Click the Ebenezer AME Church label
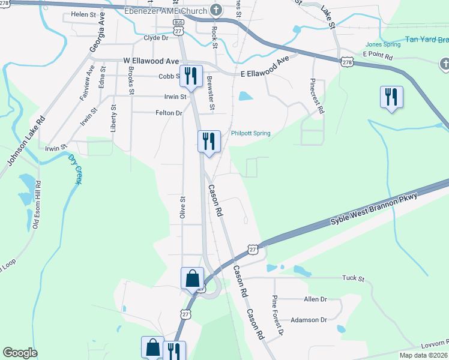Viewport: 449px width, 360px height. [165, 11]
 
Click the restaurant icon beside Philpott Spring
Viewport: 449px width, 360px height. [209, 142]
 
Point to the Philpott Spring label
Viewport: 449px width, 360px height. [251, 133]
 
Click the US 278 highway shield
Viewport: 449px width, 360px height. [346, 62]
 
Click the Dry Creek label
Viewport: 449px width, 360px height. [74, 169]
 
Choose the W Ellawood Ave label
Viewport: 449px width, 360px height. [151, 61]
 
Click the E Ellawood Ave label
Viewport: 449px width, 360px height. [265, 67]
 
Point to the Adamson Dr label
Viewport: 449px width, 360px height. [309, 320]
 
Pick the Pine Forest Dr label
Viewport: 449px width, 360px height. [277, 315]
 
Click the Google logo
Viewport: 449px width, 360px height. [20, 353]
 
